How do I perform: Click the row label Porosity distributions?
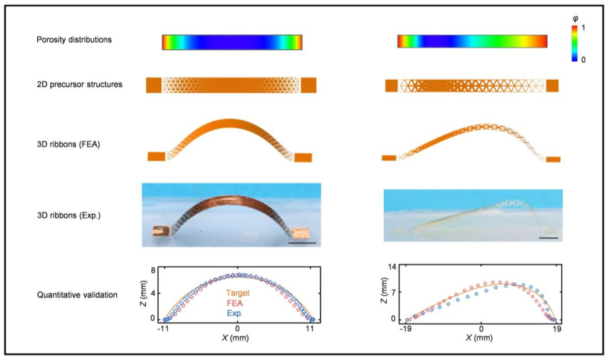tap(75, 40)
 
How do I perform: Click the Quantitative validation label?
tap(78, 295)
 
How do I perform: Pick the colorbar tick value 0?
tap(585, 59)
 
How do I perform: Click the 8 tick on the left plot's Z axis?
tap(152, 271)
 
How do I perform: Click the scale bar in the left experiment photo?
tap(302, 242)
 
